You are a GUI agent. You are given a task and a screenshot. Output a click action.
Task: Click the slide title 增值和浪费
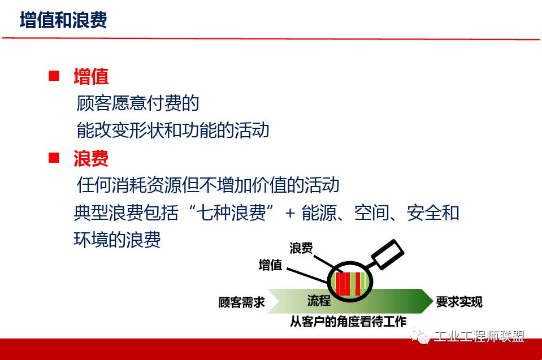(x=63, y=20)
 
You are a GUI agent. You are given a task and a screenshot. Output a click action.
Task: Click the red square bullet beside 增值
(x=54, y=76)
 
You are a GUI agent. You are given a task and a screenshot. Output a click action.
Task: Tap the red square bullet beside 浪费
(x=54, y=158)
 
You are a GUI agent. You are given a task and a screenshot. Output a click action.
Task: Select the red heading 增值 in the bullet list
(x=91, y=76)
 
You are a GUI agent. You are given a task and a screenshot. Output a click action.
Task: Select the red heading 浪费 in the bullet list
(x=91, y=158)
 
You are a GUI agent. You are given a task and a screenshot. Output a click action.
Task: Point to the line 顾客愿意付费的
(x=138, y=103)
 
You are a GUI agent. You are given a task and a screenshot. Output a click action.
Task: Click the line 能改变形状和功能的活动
(x=173, y=130)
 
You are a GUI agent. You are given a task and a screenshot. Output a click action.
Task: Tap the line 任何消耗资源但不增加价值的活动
(x=208, y=185)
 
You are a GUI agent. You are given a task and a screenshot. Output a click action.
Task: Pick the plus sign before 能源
(x=290, y=214)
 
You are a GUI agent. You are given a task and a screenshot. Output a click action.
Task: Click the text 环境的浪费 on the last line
(x=118, y=239)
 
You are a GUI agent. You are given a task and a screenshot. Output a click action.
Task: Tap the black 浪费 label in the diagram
(x=301, y=248)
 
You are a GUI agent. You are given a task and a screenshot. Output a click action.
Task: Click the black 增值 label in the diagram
(x=270, y=265)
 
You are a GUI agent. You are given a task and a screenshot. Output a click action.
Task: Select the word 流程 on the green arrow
(x=319, y=301)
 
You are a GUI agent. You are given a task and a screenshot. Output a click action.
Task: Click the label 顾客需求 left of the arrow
(x=242, y=302)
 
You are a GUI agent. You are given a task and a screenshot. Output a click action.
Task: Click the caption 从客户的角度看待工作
(x=348, y=322)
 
